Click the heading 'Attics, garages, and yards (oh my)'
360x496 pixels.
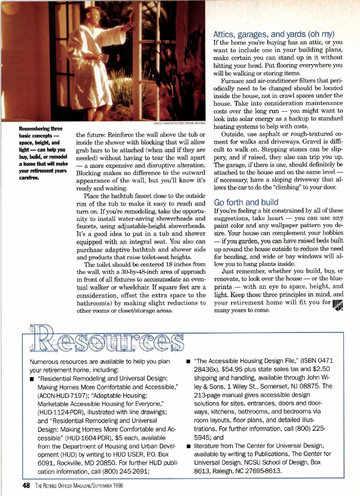[x=274, y=34]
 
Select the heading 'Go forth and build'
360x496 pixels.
[x=246, y=202]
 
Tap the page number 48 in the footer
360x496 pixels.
[x=26, y=486]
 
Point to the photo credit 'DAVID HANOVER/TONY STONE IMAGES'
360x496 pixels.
[x=179, y=123]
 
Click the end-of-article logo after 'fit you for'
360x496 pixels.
[x=338, y=305]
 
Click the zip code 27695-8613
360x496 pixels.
[x=263, y=471]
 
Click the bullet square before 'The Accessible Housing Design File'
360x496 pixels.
[x=188, y=361]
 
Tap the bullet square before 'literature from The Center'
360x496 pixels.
[x=188, y=446]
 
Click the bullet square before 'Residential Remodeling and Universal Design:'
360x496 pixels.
[x=32, y=379]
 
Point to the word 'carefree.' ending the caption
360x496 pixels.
[x=29, y=178]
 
